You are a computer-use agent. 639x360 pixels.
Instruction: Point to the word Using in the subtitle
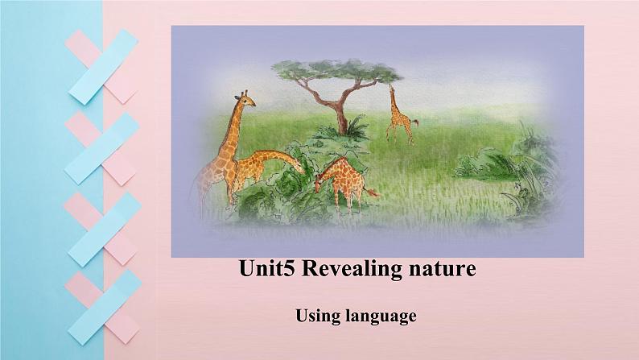tap(317, 317)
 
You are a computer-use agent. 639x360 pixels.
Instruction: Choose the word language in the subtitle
tap(381, 317)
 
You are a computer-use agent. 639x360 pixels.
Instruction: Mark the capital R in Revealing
tap(310, 269)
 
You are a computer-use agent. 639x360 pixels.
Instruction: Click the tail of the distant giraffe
tap(414, 122)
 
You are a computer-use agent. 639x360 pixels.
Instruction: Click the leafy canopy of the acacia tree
tap(337, 70)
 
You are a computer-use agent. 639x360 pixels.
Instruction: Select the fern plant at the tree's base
tap(356, 126)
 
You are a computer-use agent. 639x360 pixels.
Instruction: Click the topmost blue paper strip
tap(104, 67)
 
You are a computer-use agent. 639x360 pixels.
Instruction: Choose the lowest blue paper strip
tap(105, 308)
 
